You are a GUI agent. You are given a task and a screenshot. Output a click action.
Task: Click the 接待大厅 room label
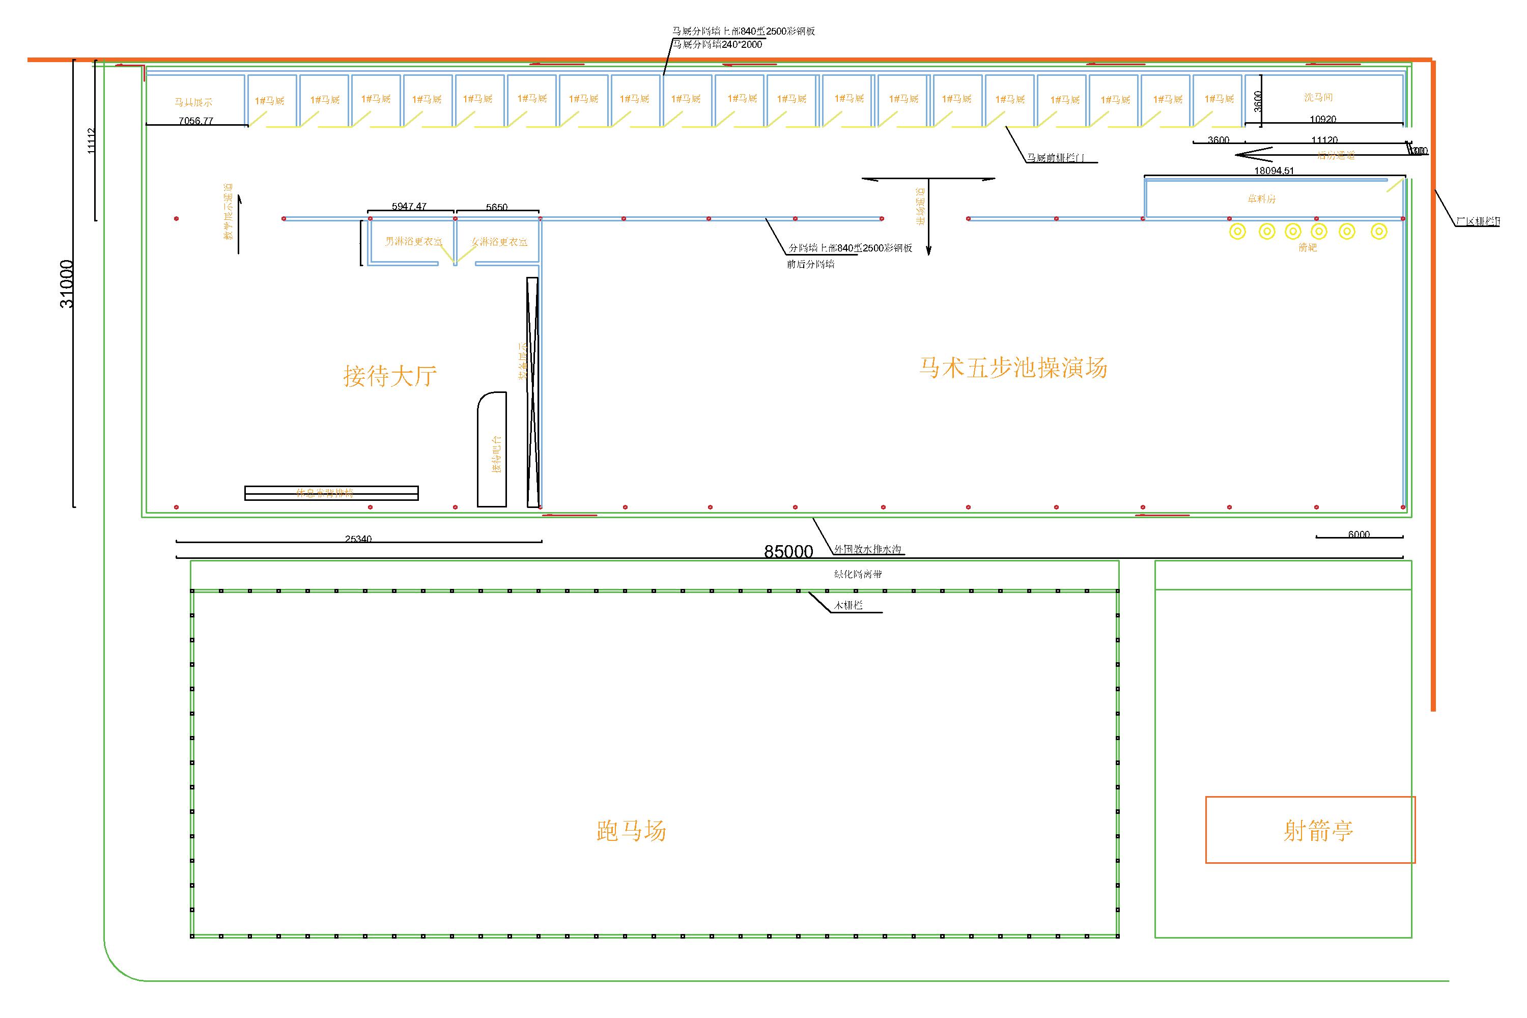[x=389, y=376]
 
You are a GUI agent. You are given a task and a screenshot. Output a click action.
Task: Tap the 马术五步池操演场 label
[x=1013, y=367]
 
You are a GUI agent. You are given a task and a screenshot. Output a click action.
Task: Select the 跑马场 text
[x=631, y=831]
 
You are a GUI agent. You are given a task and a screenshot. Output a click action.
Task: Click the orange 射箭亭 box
[x=1310, y=830]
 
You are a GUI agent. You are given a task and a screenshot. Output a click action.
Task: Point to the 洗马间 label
[x=1318, y=97]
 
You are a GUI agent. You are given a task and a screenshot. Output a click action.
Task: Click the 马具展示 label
[x=193, y=102]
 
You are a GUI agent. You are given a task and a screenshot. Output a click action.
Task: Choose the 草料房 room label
[x=1261, y=199]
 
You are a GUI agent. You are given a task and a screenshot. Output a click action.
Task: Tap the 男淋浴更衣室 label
[x=413, y=241]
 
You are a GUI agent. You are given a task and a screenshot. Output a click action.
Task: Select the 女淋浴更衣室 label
[x=499, y=241]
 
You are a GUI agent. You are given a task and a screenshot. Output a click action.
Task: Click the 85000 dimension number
[x=788, y=551]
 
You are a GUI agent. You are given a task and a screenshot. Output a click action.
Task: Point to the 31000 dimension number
[x=67, y=284]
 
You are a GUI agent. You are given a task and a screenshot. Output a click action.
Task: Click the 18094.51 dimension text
[x=1274, y=171]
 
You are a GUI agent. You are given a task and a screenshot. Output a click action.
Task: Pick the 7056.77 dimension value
[x=196, y=121]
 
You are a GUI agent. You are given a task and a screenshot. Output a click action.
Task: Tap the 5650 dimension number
[x=497, y=207]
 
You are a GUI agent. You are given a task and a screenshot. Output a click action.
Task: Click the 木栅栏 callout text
[x=849, y=605]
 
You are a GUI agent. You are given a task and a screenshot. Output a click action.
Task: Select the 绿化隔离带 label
[x=858, y=574]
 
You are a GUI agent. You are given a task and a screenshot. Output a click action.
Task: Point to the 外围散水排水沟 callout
[x=867, y=549]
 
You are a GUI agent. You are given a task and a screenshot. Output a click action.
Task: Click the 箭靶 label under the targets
[x=1308, y=247]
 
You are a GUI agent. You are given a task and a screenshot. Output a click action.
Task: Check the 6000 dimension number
[x=1359, y=534]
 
